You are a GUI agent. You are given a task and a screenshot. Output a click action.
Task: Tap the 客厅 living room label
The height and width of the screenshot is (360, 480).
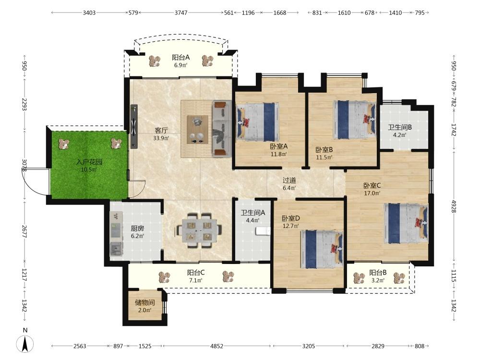pyautogui.click(x=161, y=131)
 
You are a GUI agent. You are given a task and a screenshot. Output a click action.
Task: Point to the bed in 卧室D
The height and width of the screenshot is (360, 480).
pyautogui.click(x=322, y=249)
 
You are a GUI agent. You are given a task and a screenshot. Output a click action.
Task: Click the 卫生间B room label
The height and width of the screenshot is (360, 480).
pyautogui.click(x=400, y=127)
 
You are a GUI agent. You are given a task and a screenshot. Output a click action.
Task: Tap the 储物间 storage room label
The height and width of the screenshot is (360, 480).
pyautogui.click(x=145, y=303)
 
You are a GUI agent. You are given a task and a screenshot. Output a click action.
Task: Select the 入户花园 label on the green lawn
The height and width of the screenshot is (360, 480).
pyautogui.click(x=89, y=162)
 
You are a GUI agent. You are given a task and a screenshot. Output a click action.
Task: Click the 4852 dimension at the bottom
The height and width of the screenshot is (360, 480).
pyautogui.click(x=216, y=346)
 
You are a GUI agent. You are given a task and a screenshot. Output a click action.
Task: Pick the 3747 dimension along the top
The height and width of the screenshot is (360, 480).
pyautogui.click(x=181, y=12)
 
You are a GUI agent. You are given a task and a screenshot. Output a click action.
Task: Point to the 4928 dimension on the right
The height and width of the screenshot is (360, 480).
pyautogui.click(x=454, y=206)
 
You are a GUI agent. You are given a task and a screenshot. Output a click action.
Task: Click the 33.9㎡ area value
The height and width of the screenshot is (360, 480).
pyautogui.click(x=161, y=138)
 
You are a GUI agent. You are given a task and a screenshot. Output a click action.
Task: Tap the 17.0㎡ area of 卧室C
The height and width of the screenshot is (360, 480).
pyautogui.click(x=372, y=193)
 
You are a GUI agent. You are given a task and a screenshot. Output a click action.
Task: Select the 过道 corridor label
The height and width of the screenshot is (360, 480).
pyautogui.click(x=289, y=180)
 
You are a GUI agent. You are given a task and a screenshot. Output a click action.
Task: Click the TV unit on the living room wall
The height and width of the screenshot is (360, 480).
pyautogui.click(x=134, y=126)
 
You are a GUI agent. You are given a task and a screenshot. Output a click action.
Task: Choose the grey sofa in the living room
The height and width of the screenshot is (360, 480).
pyautogui.click(x=222, y=129)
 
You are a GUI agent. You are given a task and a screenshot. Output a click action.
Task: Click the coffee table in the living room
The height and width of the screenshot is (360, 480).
pyautogui.click(x=197, y=129)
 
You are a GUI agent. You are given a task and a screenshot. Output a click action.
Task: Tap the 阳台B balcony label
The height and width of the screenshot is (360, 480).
pyautogui.click(x=378, y=273)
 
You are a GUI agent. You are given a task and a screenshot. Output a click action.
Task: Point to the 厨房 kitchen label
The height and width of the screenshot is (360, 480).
pyautogui.click(x=137, y=228)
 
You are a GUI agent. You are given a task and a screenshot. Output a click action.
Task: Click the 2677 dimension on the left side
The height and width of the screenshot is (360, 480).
pyautogui.click(x=24, y=232)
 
